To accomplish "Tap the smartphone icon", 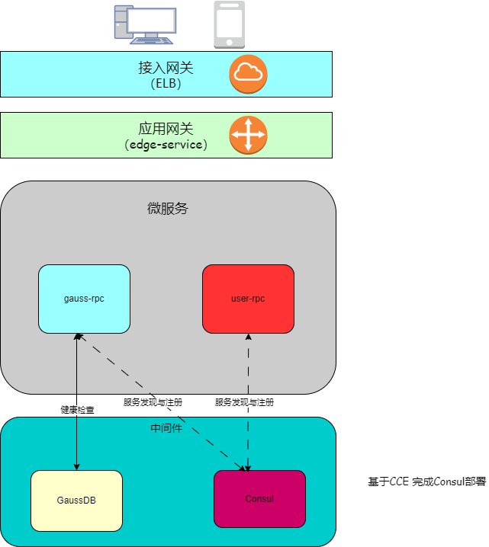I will (229, 24).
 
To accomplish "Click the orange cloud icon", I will (248, 74).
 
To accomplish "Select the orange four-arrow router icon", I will (248, 135).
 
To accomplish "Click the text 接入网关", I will (166, 68).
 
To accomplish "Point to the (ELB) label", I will (166, 84).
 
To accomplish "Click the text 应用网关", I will (166, 129).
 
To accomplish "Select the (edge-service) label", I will (166, 144).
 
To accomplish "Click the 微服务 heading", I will (167, 208).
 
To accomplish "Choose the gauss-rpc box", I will (84, 299).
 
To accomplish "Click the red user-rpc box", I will (248, 299).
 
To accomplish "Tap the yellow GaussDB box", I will (76, 501).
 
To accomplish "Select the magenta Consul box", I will (259, 499).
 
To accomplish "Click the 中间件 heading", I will (166, 428).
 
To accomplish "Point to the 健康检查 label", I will (77, 410).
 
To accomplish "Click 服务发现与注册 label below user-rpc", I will (244, 402).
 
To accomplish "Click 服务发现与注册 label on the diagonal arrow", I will (153, 402).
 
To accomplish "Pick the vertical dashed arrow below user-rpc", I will (248, 366).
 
